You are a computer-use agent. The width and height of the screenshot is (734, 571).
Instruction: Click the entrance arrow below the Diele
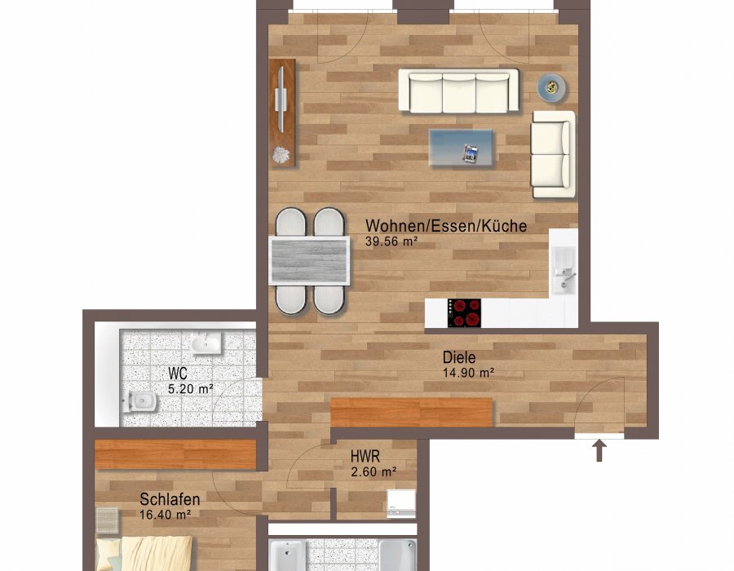click(599, 450)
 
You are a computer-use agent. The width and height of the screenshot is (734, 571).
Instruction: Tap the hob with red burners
click(464, 312)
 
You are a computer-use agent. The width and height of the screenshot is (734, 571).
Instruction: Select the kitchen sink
click(563, 271)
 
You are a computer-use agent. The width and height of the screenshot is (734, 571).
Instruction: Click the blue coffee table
click(461, 148)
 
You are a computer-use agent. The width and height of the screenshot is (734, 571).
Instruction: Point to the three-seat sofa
click(458, 91)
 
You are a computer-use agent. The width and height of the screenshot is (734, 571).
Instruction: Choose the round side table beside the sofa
click(551, 87)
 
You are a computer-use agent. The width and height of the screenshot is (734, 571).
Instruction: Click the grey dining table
click(309, 261)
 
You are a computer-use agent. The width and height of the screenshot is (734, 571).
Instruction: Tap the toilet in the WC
click(139, 401)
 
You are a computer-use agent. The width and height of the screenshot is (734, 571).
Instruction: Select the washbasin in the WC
click(206, 343)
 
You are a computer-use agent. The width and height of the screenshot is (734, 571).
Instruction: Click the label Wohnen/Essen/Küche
click(446, 226)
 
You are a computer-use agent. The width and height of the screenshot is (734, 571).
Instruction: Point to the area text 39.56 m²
click(391, 241)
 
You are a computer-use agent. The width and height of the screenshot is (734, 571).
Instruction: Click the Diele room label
click(459, 357)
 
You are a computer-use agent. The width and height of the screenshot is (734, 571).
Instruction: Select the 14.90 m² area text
click(469, 373)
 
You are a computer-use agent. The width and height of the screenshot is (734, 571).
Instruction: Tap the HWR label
click(365, 456)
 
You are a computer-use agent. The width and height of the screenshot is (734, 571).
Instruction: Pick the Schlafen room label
click(170, 499)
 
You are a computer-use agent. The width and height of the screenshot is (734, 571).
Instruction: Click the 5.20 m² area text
click(191, 389)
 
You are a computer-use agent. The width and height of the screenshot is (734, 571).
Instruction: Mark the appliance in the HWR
click(401, 503)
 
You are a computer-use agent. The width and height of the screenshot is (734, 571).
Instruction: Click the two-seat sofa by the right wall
click(553, 154)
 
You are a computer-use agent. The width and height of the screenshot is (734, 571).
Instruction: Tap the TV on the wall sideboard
click(281, 99)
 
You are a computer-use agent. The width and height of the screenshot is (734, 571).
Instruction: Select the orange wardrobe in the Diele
click(412, 412)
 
